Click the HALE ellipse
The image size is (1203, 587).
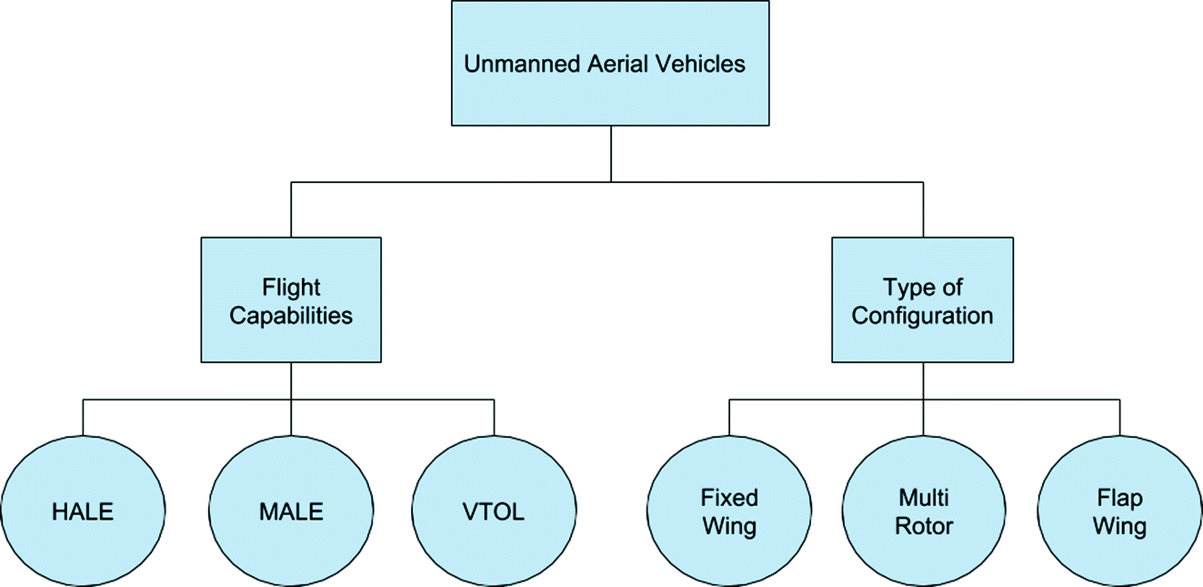pos(83,512)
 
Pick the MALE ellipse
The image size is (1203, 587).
pos(291,512)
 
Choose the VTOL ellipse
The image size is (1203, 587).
pos(494,512)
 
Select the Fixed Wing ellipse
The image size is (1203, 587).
pos(729,512)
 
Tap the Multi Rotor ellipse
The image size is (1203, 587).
pos(924,512)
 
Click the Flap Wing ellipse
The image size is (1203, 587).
pos(1119,512)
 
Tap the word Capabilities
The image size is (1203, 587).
pos(291,317)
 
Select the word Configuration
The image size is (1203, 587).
pos(922,317)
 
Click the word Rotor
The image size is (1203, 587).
pos(924,527)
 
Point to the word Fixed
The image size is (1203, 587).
pos(729,498)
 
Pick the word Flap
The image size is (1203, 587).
pos(1119,498)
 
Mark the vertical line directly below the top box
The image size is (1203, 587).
pos(610,153)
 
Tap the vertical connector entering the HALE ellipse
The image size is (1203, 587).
pos(83,417)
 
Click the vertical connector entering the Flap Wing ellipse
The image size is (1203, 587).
pos(1119,417)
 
